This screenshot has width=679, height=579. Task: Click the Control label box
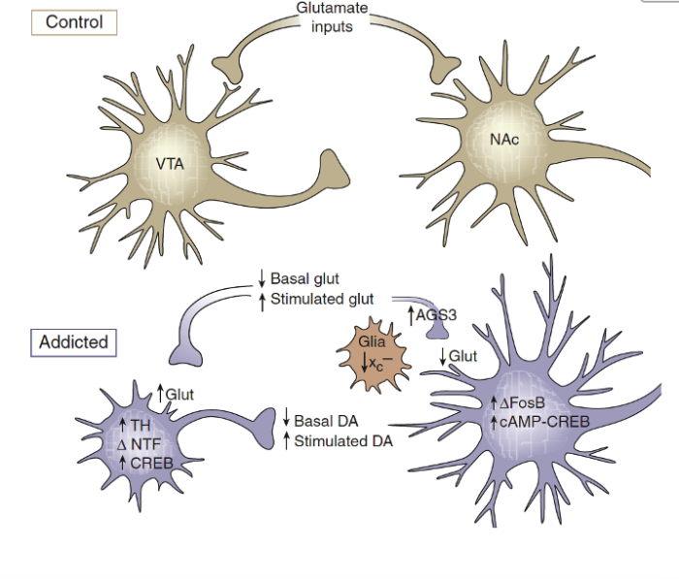(74, 21)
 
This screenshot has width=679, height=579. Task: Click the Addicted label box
(74, 342)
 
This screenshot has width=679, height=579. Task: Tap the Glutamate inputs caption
(332, 17)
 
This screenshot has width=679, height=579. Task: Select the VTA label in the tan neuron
(170, 163)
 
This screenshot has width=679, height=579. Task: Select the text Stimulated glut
(322, 298)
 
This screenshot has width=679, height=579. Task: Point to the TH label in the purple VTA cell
(141, 425)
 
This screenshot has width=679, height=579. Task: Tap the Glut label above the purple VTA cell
(180, 393)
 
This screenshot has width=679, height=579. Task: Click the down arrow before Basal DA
(287, 422)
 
